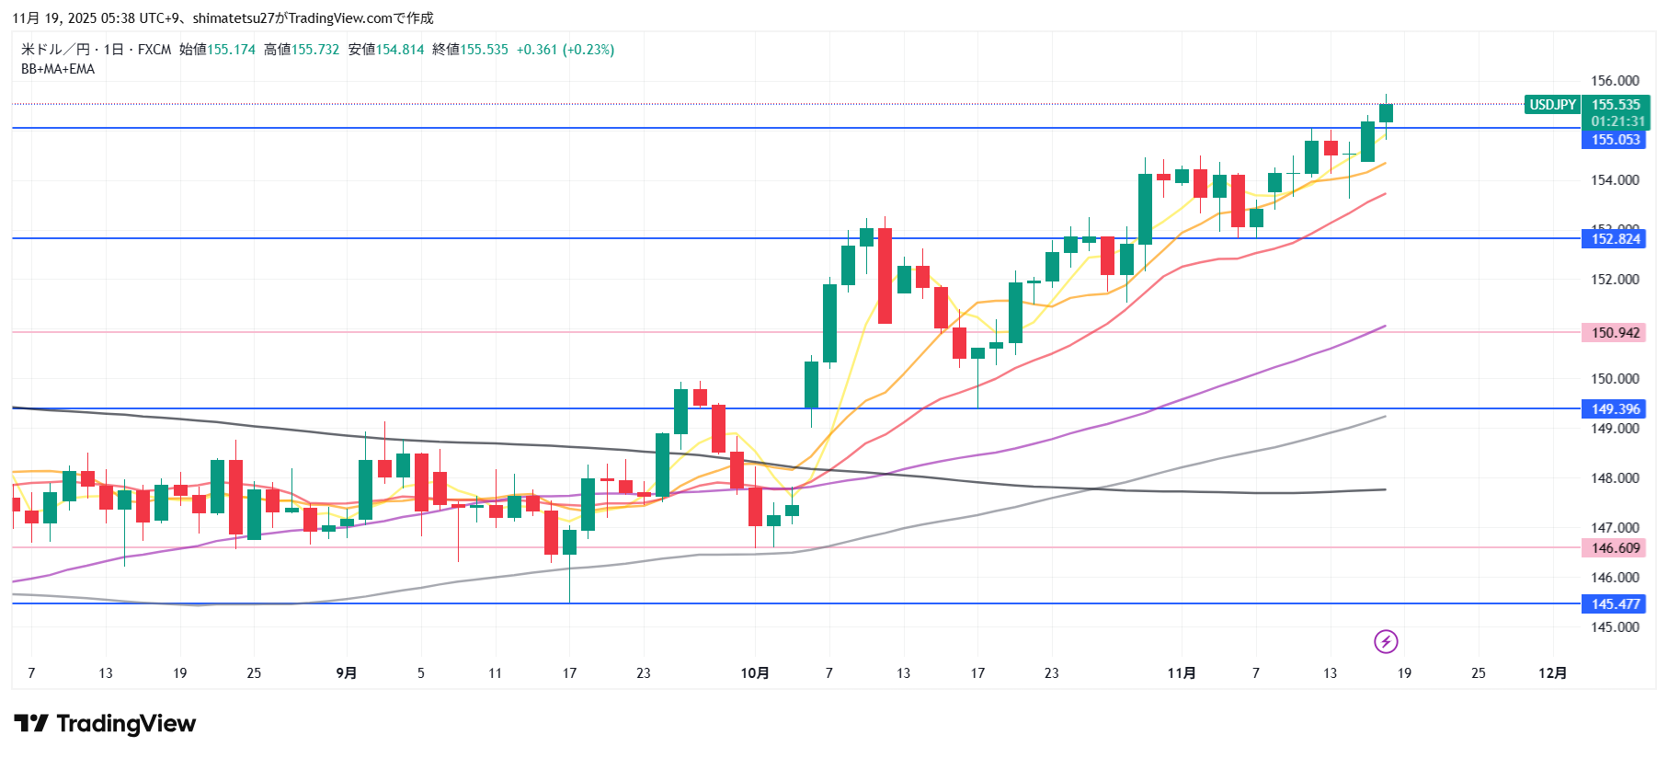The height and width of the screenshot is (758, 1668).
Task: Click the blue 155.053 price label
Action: pyautogui.click(x=1615, y=140)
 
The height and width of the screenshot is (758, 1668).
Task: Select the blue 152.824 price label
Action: pyautogui.click(x=1615, y=239)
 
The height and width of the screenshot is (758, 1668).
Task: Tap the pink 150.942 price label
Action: pyautogui.click(x=1615, y=333)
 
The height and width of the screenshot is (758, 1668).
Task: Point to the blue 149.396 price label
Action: pyautogui.click(x=1615, y=409)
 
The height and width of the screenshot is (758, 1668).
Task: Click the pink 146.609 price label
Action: pyautogui.click(x=1615, y=548)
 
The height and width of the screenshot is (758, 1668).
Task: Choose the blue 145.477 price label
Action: pyautogui.click(x=1615, y=604)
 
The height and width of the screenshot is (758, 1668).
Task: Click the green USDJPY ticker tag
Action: pyautogui.click(x=1552, y=105)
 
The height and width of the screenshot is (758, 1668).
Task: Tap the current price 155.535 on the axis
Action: pyautogui.click(x=1616, y=105)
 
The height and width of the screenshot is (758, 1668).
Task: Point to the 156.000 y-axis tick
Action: pyautogui.click(x=1615, y=81)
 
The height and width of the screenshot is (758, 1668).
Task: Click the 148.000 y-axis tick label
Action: pyautogui.click(x=1615, y=478)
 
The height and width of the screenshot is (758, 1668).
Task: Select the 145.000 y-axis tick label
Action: pyautogui.click(x=1615, y=627)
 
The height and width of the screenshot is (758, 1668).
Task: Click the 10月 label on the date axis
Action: pyautogui.click(x=755, y=673)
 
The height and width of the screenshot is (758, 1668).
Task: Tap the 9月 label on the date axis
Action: pyautogui.click(x=347, y=673)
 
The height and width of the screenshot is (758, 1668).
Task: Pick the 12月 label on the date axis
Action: pyautogui.click(x=1552, y=673)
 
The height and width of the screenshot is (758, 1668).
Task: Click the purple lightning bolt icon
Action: pyautogui.click(x=1386, y=641)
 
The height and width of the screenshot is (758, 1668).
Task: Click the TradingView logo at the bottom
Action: pyautogui.click(x=105, y=724)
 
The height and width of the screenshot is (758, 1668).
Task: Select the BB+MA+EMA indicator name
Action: pyautogui.click(x=58, y=69)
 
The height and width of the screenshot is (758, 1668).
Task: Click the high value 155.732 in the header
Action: pyautogui.click(x=315, y=50)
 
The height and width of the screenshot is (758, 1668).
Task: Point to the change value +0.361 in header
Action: pyautogui.click(x=537, y=50)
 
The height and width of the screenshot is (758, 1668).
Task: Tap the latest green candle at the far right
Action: pyautogui.click(x=1386, y=113)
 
